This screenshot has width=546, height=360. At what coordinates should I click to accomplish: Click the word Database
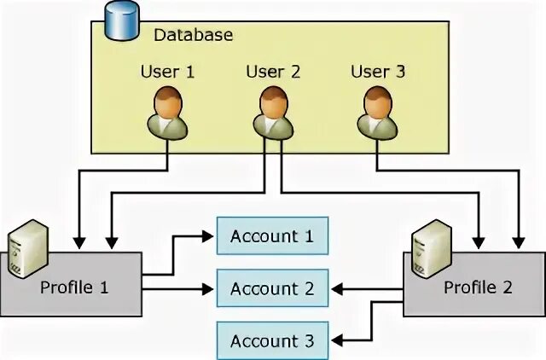tap(193, 35)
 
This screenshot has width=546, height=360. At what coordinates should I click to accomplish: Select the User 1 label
tap(167, 72)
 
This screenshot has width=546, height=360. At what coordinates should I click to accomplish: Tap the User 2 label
tap(273, 72)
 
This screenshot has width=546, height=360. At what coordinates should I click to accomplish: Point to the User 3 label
tap(378, 72)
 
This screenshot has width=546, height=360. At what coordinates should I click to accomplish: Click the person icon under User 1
tap(167, 113)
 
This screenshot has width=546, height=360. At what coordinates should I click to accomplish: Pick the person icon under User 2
tap(273, 113)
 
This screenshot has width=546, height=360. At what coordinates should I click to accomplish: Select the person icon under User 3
tap(377, 113)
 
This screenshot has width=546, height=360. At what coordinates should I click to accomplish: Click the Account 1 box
tap(272, 236)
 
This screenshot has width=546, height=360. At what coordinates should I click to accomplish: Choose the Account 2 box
tap(272, 289)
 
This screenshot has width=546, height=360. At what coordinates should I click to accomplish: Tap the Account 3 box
tap(272, 341)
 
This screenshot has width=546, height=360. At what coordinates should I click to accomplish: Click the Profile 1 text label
tap(75, 287)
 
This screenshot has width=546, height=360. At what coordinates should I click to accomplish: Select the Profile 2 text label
tap(478, 287)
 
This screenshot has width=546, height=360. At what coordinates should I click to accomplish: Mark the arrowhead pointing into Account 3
tap(335, 341)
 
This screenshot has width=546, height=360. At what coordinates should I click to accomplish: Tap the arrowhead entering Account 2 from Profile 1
tap(210, 289)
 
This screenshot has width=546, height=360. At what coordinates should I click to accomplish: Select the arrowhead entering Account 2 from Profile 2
tap(335, 289)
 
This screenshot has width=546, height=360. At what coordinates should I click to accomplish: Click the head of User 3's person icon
tap(377, 102)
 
